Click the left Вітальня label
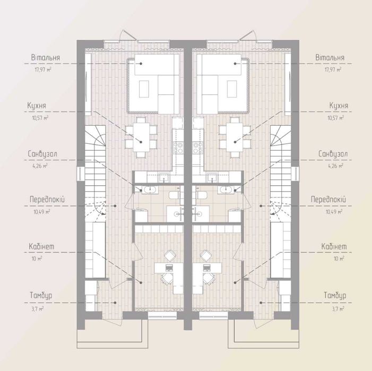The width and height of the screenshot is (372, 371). [45, 58]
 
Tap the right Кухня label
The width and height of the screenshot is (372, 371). [339, 106]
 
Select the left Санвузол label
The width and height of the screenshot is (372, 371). [42, 154]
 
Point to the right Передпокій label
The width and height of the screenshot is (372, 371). [328, 200]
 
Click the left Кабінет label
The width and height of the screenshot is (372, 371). [41, 246]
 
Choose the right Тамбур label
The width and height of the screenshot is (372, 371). [335, 296]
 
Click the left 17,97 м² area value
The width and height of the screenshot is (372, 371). [43, 70]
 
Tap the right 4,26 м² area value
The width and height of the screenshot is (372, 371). [335, 166]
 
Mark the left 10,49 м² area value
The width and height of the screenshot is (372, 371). [42, 212]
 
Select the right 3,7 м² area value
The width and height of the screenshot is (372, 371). [338, 309]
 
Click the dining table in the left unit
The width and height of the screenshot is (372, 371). [141, 137]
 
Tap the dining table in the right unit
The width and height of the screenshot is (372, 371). [235, 137]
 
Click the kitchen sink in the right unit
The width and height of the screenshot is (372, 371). [212, 177]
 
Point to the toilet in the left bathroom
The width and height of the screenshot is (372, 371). [175, 195]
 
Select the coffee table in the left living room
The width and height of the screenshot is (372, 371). [144, 89]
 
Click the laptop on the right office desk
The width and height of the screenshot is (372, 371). [206, 268]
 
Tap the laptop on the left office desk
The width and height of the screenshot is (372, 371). [169, 268]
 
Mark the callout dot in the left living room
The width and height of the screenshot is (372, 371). [141, 64]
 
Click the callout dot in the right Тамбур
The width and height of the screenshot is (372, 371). [261, 303]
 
